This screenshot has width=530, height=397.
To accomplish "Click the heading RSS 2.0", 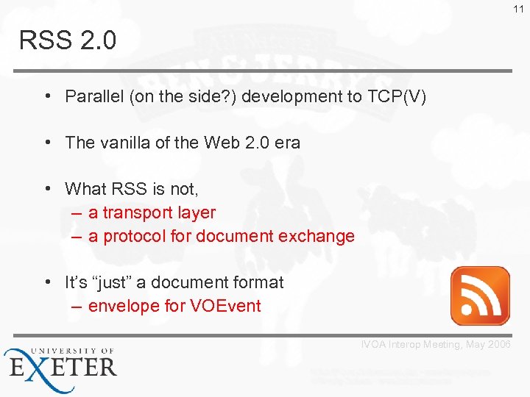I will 68,41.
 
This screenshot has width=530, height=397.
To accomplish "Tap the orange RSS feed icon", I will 480,296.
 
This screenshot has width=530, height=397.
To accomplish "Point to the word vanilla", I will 124,143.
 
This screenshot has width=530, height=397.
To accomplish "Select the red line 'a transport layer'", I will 152,213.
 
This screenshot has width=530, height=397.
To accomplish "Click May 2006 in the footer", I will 494,345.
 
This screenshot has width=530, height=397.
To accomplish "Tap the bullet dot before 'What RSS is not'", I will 46,189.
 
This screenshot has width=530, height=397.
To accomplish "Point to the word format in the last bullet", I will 258,282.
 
